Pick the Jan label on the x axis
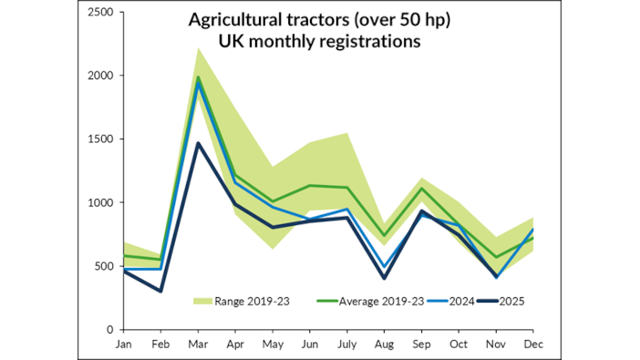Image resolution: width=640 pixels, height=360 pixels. [x=122, y=345]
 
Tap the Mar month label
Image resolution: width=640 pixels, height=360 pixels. [x=199, y=345]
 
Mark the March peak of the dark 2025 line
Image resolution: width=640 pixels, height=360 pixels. [x=199, y=143]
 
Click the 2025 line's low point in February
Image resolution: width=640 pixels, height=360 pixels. [x=160, y=292]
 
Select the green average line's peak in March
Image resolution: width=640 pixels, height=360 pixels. [x=199, y=77]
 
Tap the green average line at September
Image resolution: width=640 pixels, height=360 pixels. [x=421, y=189]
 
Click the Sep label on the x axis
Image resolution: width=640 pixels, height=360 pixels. [x=421, y=345]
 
